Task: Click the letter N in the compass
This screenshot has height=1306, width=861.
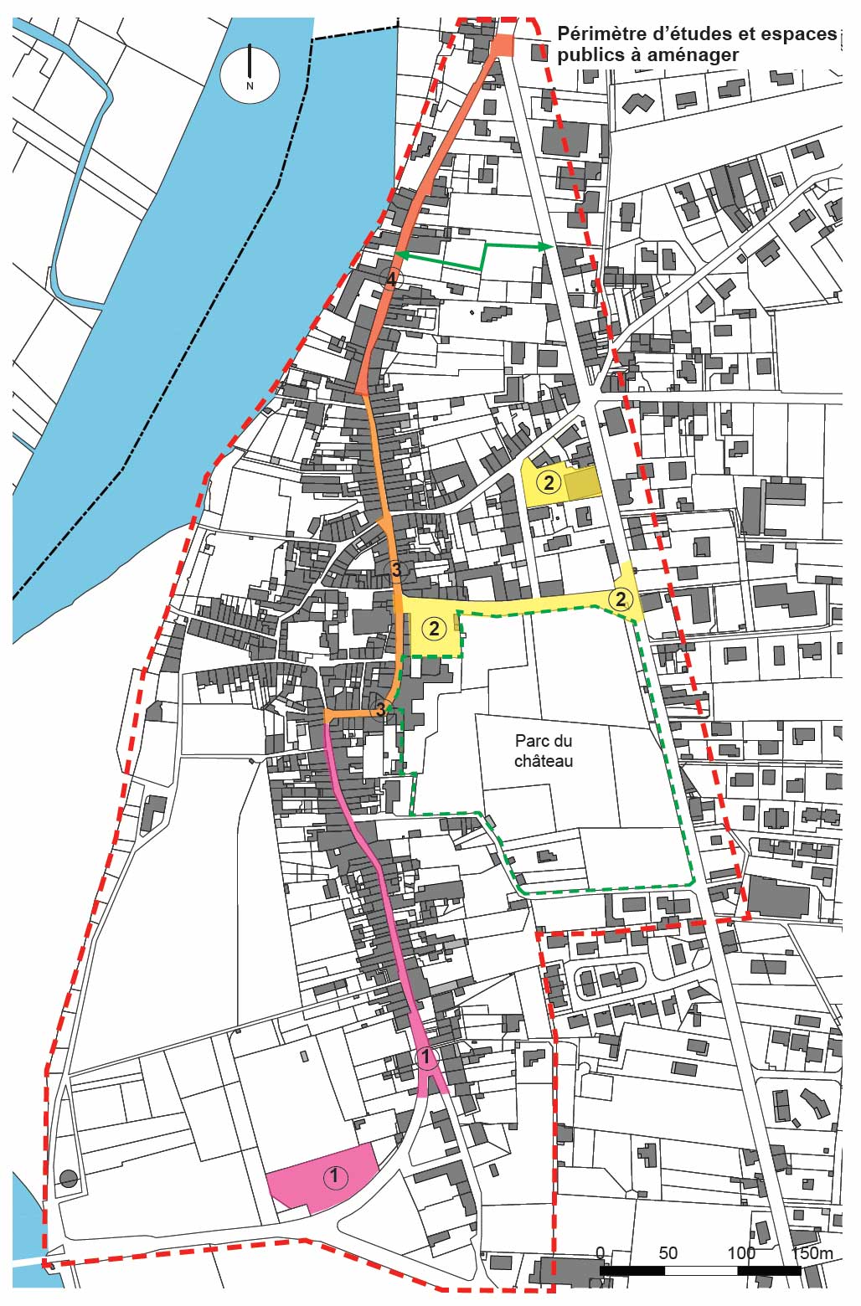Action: point(250,85)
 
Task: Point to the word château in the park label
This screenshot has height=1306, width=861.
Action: point(544,761)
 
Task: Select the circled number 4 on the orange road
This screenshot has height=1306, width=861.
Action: point(389,280)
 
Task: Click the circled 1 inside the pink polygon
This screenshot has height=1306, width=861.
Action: point(334,1176)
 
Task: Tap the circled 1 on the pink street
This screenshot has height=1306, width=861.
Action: point(426,1057)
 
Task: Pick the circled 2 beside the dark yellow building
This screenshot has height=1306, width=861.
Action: point(548,482)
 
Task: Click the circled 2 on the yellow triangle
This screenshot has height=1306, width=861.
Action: point(621,599)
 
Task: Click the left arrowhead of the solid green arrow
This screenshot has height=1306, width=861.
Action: point(400,255)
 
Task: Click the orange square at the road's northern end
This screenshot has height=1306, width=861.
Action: point(503,45)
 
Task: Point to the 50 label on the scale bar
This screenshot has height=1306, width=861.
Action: point(668,1253)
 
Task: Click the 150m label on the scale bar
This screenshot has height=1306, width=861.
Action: point(813,1253)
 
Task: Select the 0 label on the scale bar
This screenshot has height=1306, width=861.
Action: point(600,1253)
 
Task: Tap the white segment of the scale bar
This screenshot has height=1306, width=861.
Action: point(700,1270)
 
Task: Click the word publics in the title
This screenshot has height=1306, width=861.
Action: point(585,55)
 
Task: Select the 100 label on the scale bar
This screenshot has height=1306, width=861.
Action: point(741,1253)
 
